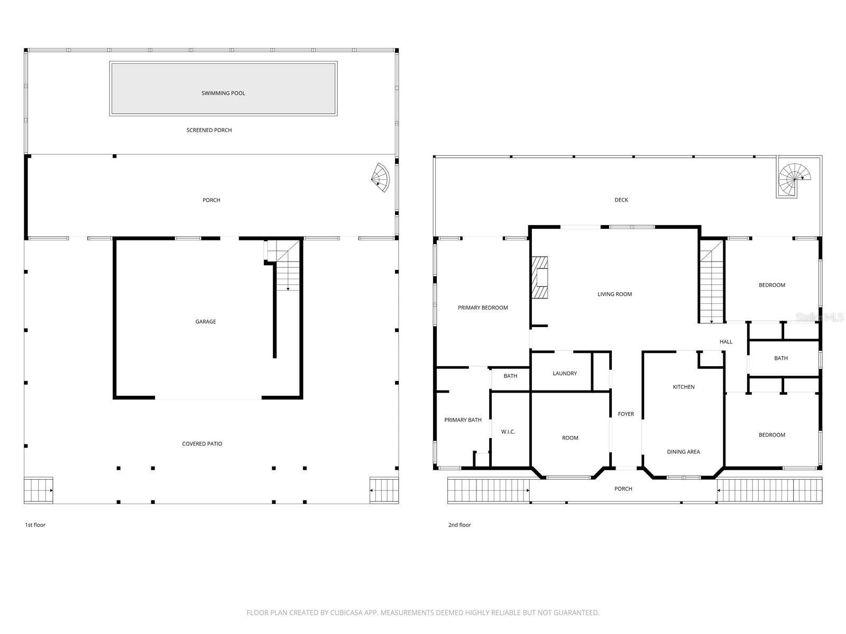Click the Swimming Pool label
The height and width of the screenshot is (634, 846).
pyautogui.click(x=223, y=93)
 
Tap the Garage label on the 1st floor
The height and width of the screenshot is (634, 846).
pyautogui.click(x=206, y=322)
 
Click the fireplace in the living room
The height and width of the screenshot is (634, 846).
pyautogui.click(x=540, y=278)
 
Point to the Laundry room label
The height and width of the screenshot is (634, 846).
pyautogui.click(x=565, y=374)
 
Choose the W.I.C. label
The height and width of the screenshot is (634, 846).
pyautogui.click(x=508, y=432)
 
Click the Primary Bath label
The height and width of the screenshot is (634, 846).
pyautogui.click(x=463, y=420)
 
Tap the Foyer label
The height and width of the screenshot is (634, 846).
pyautogui.click(x=626, y=414)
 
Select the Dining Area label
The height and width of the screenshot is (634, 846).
pyautogui.click(x=683, y=452)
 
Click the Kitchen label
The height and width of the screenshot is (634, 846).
pyautogui.click(x=684, y=387)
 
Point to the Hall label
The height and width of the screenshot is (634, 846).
pyautogui.click(x=726, y=342)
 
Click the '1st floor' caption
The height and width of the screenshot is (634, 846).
pyautogui.click(x=35, y=525)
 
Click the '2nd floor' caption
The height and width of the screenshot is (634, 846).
pyautogui.click(x=459, y=525)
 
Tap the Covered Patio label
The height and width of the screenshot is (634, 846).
pyautogui.click(x=202, y=444)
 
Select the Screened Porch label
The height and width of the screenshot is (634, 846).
pyautogui.click(x=209, y=130)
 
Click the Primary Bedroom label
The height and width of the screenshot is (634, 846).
pyautogui.click(x=483, y=308)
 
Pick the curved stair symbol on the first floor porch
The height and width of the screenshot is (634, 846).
pyautogui.click(x=380, y=177)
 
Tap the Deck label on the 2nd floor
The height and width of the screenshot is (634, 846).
pyautogui.click(x=621, y=200)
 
